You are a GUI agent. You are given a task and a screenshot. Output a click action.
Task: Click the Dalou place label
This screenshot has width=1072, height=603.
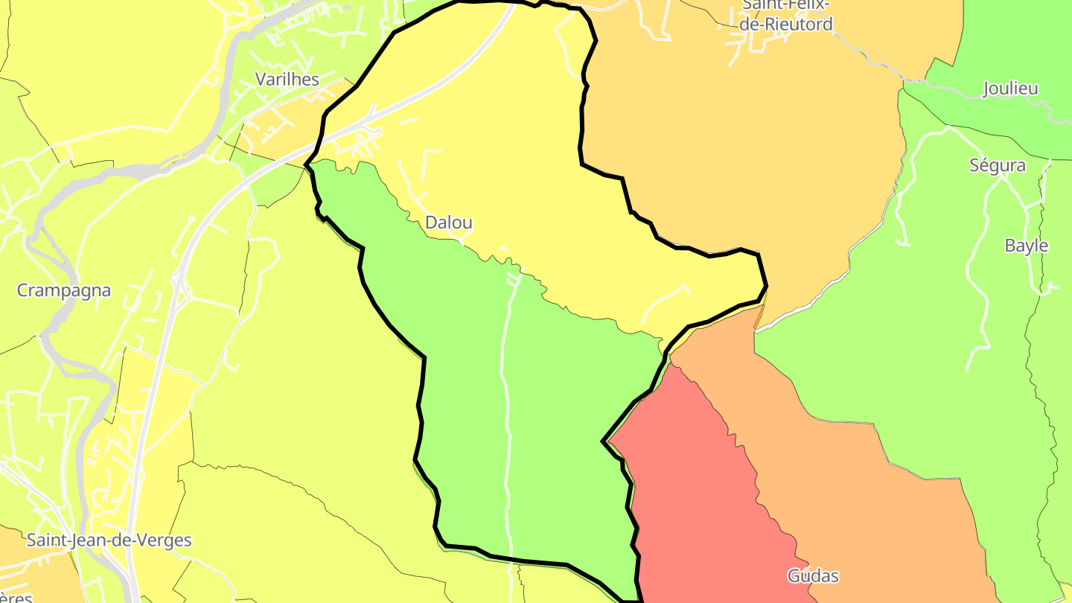coord(448,222)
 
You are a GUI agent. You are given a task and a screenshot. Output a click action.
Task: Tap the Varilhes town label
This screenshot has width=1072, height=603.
coord(287,79)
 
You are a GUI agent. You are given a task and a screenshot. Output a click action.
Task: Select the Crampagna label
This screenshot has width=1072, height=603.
coord(64,290)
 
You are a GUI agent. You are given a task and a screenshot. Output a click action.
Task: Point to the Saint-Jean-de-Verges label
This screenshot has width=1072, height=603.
coord(109,540)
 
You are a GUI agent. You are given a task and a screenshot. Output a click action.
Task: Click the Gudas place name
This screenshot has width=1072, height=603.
coord(813,575)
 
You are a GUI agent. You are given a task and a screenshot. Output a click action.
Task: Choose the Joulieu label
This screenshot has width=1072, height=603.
coord(1010,89)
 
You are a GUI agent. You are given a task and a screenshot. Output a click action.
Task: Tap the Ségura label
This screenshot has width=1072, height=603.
coord(997,165)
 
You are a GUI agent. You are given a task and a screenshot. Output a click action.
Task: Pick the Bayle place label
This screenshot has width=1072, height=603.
coord(1026,246)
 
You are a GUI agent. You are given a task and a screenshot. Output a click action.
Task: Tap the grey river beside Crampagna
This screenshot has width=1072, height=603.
coord(53,328)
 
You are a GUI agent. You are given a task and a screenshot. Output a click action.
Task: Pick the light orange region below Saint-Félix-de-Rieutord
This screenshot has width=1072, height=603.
coord(744,149)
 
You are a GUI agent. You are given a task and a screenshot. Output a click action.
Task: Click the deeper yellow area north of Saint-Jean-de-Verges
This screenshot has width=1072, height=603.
coord(160,395)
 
